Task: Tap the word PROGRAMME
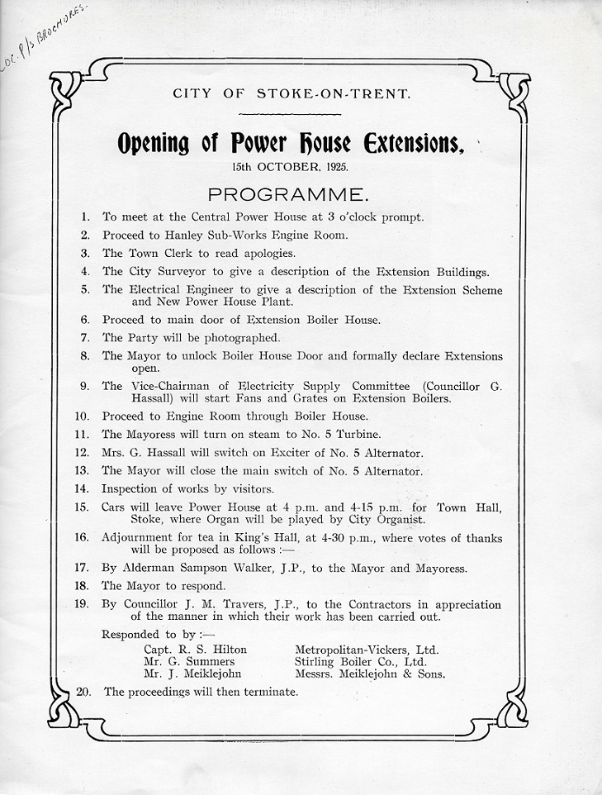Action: (288, 195)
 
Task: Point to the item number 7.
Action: (86, 337)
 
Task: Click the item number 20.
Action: (83, 691)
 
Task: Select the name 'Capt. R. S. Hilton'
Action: (195, 650)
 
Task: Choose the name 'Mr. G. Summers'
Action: (189, 661)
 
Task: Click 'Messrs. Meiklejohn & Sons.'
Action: (370, 674)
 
